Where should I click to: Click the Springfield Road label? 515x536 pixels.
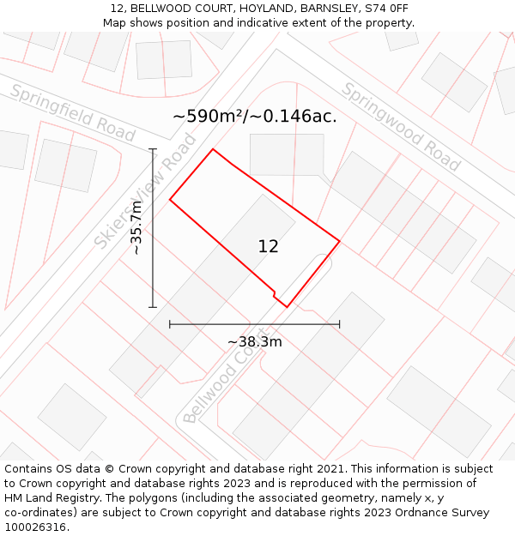click(x=73, y=113)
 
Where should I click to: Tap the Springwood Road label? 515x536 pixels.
click(x=401, y=126)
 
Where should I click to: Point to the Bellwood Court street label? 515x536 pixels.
click(x=220, y=380)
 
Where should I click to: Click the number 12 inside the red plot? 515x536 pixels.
click(x=268, y=246)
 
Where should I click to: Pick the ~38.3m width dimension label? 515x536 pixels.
click(x=255, y=342)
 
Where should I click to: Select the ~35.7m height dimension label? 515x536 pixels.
click(x=136, y=228)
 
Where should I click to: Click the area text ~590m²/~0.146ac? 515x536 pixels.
click(x=255, y=116)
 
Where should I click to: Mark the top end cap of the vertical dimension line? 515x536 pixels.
click(x=153, y=149)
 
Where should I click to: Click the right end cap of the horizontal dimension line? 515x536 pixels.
click(x=340, y=324)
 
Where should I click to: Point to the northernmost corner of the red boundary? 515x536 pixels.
click(x=213, y=149)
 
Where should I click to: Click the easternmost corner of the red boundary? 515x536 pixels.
click(x=340, y=241)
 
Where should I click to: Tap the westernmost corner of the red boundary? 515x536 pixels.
click(x=170, y=200)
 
